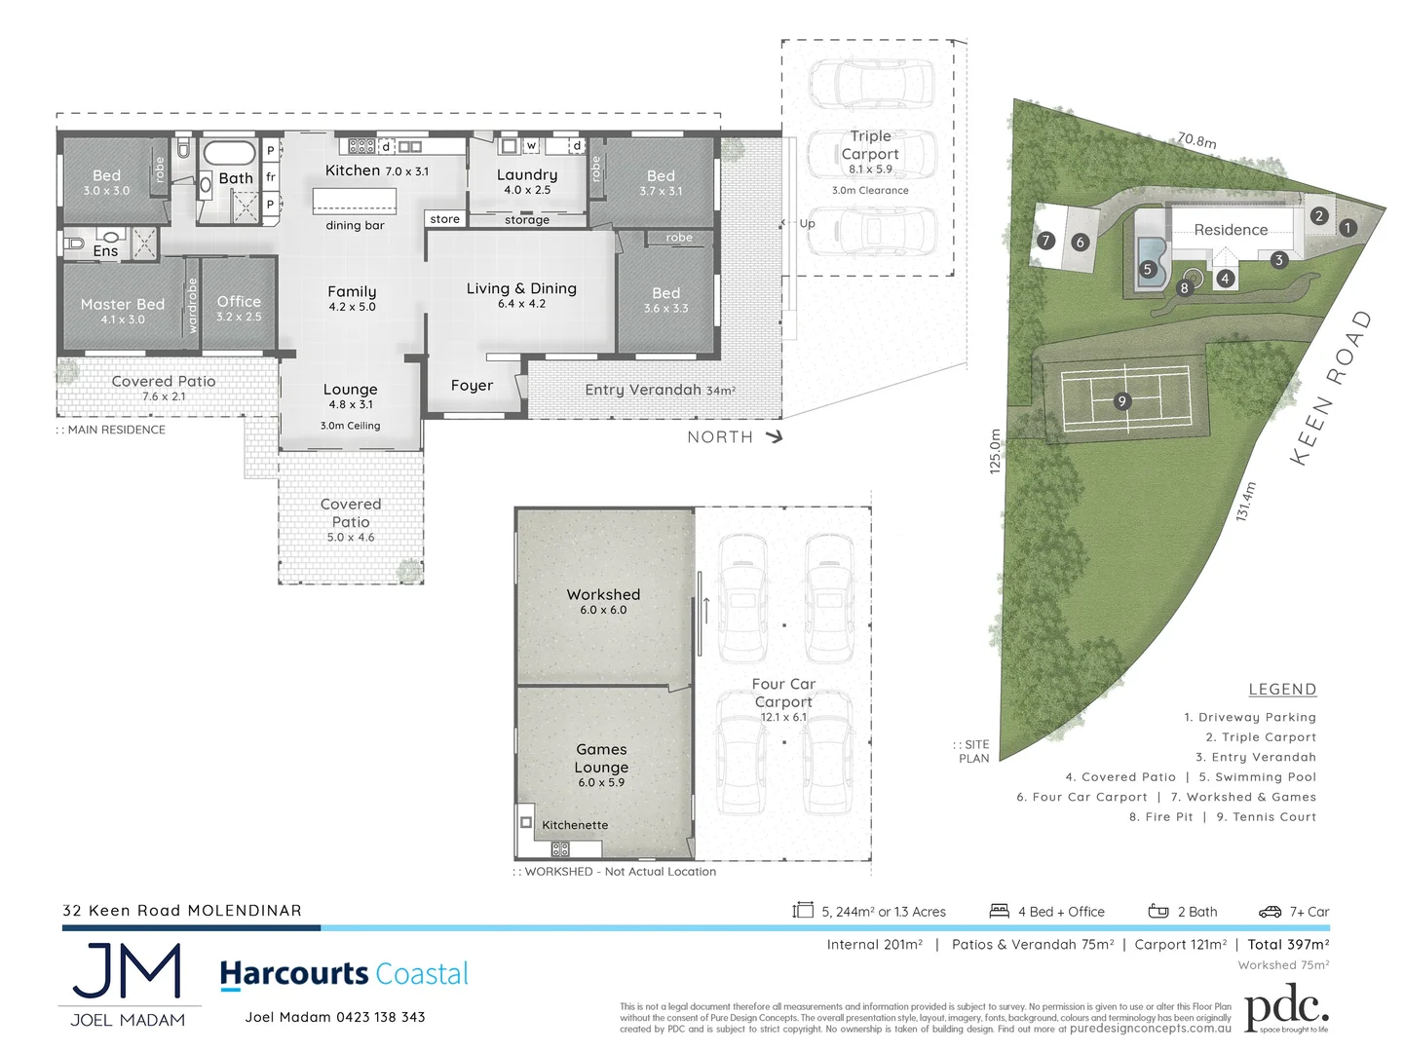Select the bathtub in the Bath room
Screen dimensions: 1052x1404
[x=229, y=153]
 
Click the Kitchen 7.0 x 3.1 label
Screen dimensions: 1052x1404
[x=376, y=170]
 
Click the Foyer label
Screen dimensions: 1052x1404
[x=472, y=386]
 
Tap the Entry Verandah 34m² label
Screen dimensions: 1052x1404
[x=660, y=390]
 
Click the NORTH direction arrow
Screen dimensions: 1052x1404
[x=775, y=436]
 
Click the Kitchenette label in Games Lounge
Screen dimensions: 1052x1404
[x=575, y=825]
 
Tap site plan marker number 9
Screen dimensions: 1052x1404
[x=1122, y=401]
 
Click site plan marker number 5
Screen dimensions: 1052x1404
[x=1148, y=270]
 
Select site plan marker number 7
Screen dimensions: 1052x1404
[x=1045, y=241]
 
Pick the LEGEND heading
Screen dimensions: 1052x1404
[x=1282, y=690]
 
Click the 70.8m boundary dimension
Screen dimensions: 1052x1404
[x=1196, y=140]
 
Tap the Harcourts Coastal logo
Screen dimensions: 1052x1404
[x=344, y=974]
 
